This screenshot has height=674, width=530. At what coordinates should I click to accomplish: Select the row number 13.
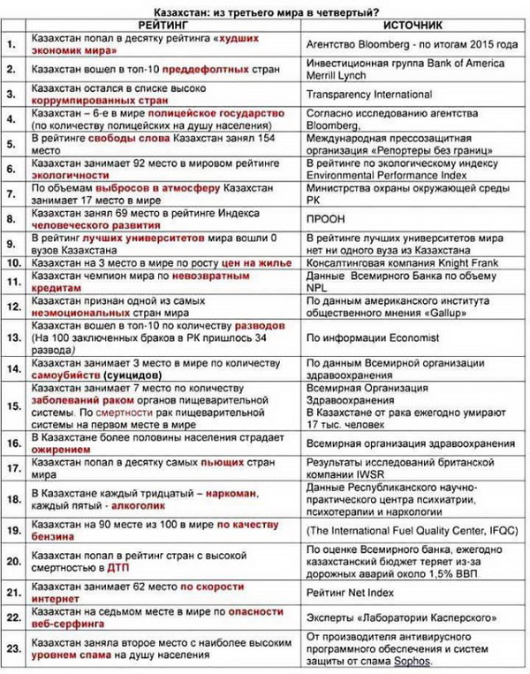[12, 337]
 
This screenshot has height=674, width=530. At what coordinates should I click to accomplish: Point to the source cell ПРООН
[321, 218]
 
